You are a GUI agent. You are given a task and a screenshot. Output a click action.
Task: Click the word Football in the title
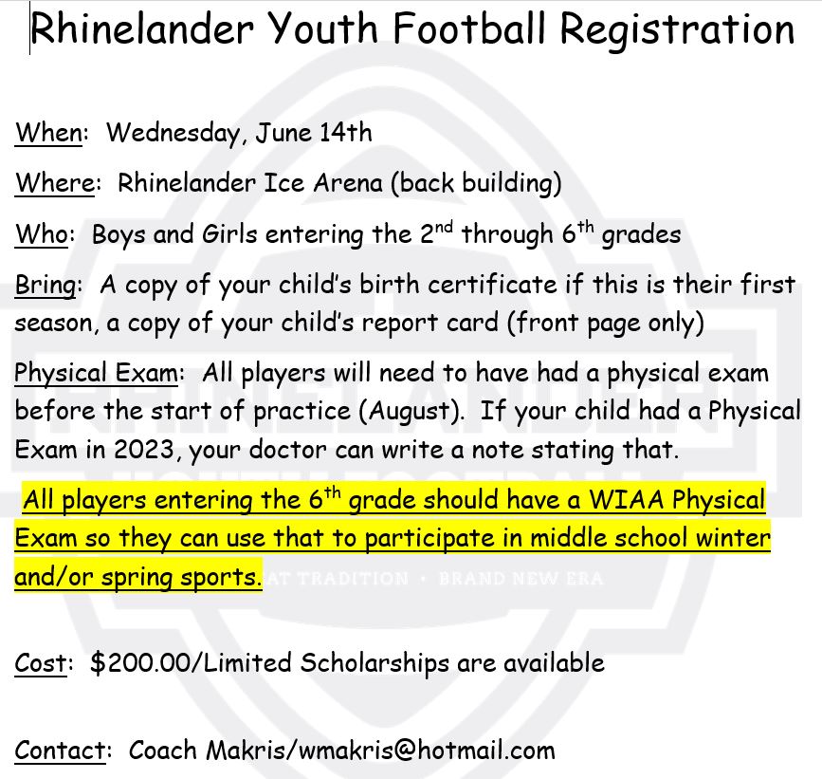(x=469, y=28)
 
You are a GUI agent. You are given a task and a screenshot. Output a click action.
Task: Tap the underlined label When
(x=48, y=132)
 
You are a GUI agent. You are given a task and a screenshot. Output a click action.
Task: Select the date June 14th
(x=314, y=132)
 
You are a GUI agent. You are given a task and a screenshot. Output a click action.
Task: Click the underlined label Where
(x=55, y=183)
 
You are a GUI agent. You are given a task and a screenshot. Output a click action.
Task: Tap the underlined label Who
(x=42, y=234)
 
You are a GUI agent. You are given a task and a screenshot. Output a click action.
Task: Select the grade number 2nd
(x=436, y=232)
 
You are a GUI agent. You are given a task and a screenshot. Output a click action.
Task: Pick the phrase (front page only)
(x=606, y=324)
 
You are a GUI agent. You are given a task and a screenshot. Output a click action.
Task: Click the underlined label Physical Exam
(x=97, y=374)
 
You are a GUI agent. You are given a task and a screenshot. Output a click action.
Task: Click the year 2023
(x=144, y=449)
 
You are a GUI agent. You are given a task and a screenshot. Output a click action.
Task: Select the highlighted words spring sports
(x=181, y=577)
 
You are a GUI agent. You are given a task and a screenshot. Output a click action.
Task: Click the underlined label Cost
(x=41, y=662)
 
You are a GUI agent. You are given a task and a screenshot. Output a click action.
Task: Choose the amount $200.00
(x=140, y=662)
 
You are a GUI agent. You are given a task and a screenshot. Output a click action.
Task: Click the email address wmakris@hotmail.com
(x=427, y=751)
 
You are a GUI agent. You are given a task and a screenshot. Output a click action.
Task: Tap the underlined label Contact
(x=61, y=751)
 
